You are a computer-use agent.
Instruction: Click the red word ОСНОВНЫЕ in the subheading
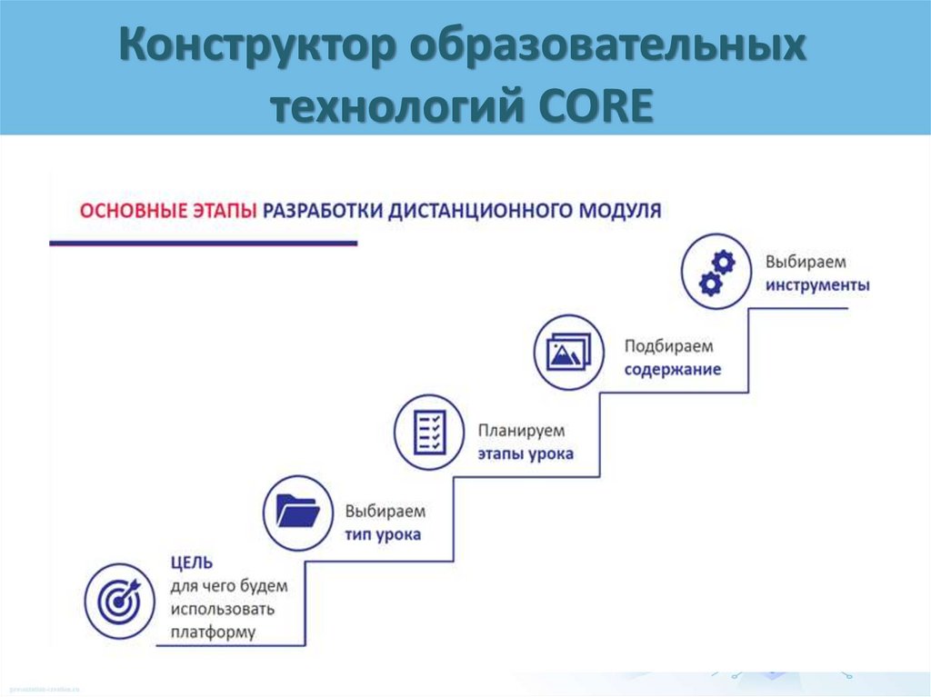pyautogui.click(x=135, y=210)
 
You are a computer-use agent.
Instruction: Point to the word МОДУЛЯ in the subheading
pyautogui.click(x=616, y=210)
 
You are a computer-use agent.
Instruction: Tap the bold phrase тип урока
pyautogui.click(x=383, y=534)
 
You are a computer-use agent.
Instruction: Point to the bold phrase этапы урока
pyautogui.click(x=526, y=453)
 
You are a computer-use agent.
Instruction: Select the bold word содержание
pyautogui.click(x=672, y=370)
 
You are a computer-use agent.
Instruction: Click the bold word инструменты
pyautogui.click(x=816, y=285)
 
